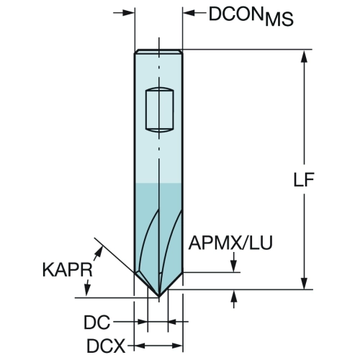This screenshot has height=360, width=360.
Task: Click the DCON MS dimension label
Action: coord(251,16)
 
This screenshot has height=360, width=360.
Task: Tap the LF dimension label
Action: coord(304,179)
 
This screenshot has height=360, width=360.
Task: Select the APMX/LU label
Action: coord(230,243)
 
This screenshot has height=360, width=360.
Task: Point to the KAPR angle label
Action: coord(68,270)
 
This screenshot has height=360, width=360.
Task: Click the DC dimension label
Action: coord(97,322)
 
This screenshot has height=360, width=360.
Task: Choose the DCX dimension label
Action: coord(106,346)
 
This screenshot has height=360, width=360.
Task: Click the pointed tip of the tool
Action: coord(159,297)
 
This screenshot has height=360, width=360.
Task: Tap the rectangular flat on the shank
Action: coord(160,109)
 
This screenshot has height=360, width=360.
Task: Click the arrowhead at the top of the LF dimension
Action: coord(304,56)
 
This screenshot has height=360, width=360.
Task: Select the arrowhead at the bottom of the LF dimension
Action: coord(304,283)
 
